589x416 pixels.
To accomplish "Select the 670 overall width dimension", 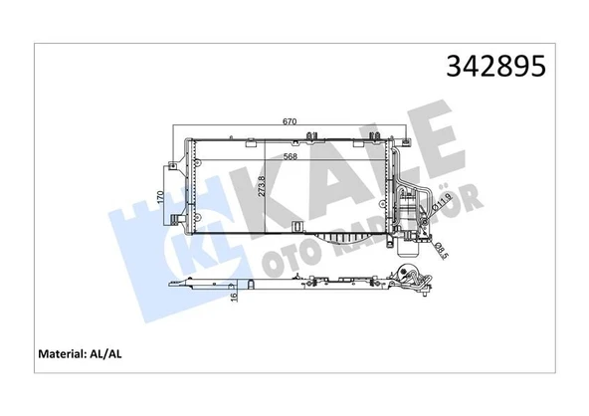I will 290,121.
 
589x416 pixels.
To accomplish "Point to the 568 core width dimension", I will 290,154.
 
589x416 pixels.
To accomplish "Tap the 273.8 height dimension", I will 262,189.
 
